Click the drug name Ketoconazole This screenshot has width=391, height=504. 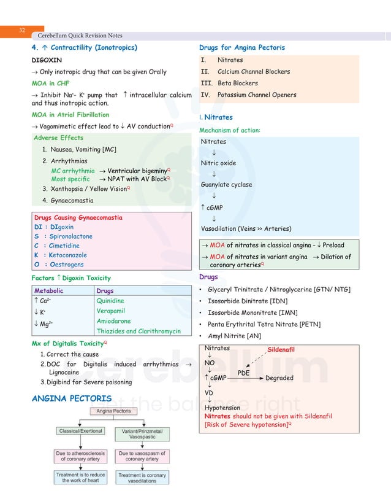coord(69,255)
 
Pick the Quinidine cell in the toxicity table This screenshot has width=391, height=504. coord(110,301)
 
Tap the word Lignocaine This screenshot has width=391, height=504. coord(64,373)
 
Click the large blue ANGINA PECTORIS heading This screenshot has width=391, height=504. coord(72,399)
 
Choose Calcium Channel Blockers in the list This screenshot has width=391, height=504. coord(254,72)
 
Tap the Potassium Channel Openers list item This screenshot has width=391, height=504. coord(257,95)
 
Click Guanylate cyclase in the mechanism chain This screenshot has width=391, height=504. coord(226,185)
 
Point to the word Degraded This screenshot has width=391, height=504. coord(279,378)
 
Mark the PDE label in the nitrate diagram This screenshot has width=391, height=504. coord(243,372)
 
